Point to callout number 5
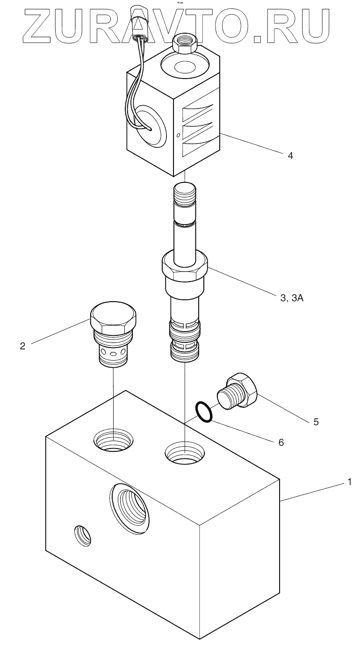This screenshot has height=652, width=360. coord(316,421)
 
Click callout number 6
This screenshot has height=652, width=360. coord(281,441)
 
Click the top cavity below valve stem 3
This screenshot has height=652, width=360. coord(185,452)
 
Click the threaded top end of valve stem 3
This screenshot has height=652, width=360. coord(185,196)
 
